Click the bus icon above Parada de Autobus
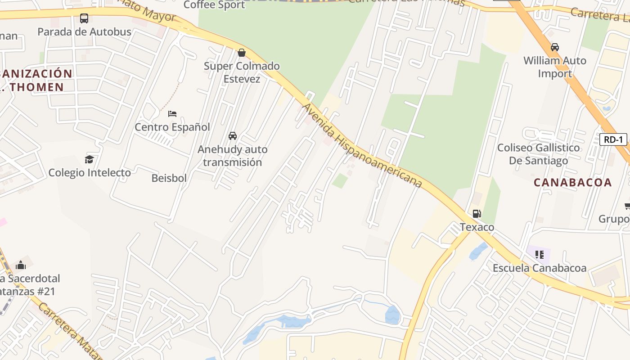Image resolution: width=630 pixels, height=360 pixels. click(x=84, y=18)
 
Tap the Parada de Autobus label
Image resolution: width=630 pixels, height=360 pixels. click(x=84, y=32)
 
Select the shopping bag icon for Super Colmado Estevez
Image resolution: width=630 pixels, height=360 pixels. click(x=242, y=53)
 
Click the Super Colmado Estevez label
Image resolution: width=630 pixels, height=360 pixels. click(x=242, y=72)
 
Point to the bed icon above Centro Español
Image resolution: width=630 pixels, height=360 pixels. click(x=172, y=114)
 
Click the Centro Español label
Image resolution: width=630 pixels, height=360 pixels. click(x=172, y=127)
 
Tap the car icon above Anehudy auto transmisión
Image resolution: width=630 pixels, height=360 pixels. click(x=233, y=136)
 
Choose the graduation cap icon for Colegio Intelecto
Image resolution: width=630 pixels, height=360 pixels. click(x=90, y=159)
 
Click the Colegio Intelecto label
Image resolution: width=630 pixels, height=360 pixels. click(x=90, y=173)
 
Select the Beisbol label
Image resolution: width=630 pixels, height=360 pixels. click(x=169, y=178)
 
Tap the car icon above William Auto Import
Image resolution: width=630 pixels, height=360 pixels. click(x=555, y=47)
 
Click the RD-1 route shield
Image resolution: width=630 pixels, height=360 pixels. click(x=613, y=139)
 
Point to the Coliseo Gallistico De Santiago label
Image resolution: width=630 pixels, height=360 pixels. click(x=538, y=154)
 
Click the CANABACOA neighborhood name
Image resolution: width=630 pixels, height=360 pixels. click(x=572, y=183)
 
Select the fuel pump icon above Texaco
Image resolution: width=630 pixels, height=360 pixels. click(x=477, y=213)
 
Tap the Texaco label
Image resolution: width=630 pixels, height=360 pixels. click(x=477, y=227)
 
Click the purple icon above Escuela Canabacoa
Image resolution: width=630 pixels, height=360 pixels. click(x=539, y=255)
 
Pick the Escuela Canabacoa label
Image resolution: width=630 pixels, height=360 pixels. click(x=539, y=269)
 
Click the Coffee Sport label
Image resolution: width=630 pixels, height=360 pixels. click(x=214, y=5)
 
